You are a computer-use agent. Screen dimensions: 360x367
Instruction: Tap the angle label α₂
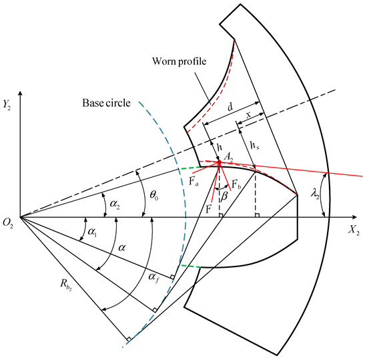point(108,198)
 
